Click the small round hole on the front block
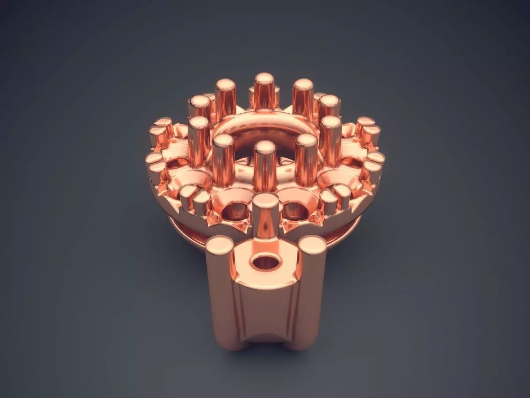(266, 262)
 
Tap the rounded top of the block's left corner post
(220, 244)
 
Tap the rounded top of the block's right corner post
(312, 244)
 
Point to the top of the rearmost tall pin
(264, 80)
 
